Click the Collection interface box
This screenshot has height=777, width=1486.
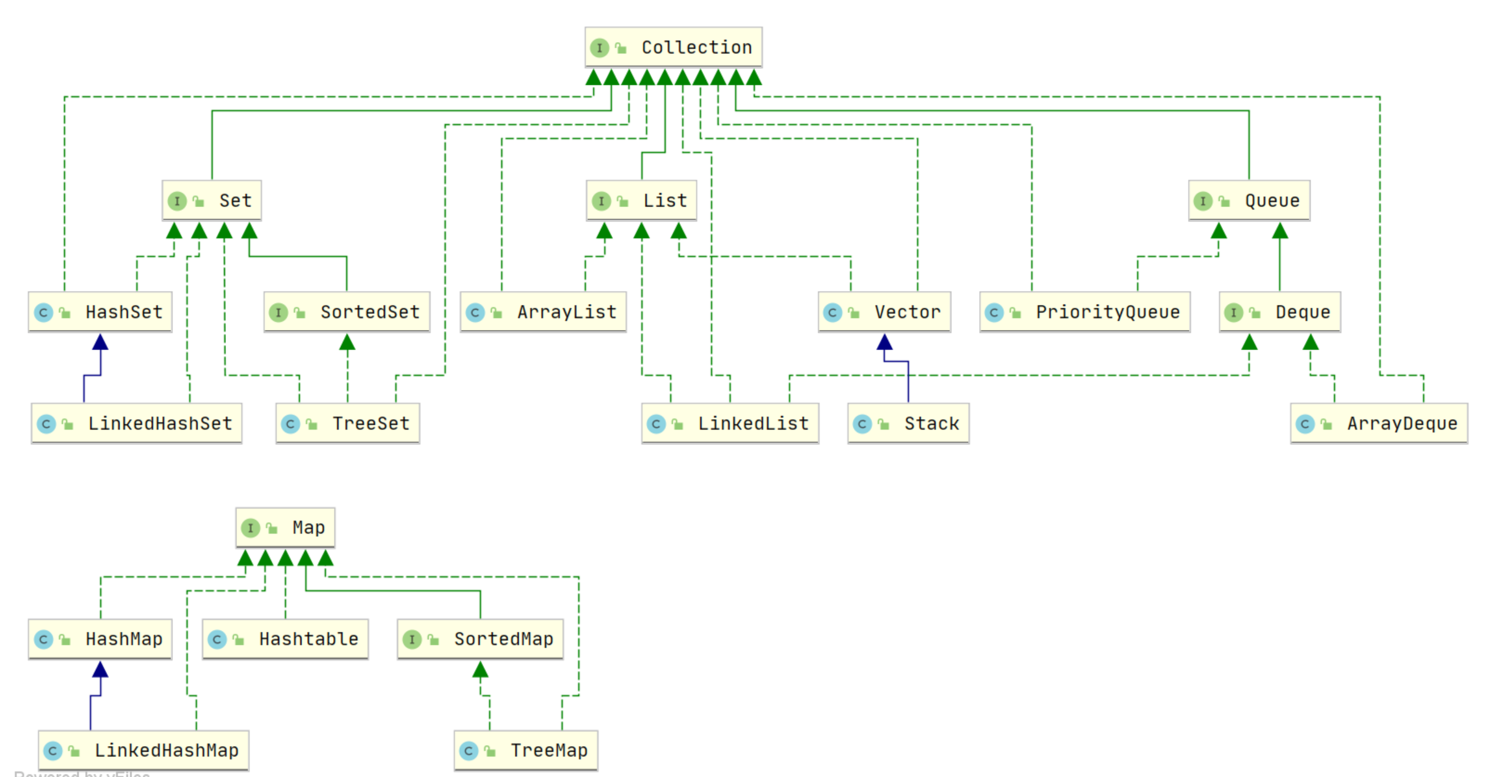click(673, 47)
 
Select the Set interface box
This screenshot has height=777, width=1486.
click(212, 201)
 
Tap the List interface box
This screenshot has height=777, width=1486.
click(641, 201)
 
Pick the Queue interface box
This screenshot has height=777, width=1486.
click(1249, 201)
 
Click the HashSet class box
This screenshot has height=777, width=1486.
click(100, 312)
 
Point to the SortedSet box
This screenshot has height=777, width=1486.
click(347, 312)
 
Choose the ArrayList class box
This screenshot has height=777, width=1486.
click(543, 312)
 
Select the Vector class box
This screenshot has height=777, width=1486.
click(884, 312)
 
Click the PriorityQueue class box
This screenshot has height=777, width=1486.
click(1085, 312)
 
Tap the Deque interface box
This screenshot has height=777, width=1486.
click(1280, 312)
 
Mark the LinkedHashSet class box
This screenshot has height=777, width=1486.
click(136, 423)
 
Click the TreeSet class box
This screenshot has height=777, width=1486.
click(348, 423)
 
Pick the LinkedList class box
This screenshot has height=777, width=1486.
click(730, 423)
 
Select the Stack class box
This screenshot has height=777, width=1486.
click(909, 423)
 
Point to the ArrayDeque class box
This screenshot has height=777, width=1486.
click(1379, 423)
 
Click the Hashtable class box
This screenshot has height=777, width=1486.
click(285, 639)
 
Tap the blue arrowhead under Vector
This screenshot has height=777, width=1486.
click(884, 342)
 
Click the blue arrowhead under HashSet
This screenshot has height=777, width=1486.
click(100, 342)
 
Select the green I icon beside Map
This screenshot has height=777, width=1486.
click(251, 528)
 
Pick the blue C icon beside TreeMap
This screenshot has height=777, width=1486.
click(469, 751)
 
